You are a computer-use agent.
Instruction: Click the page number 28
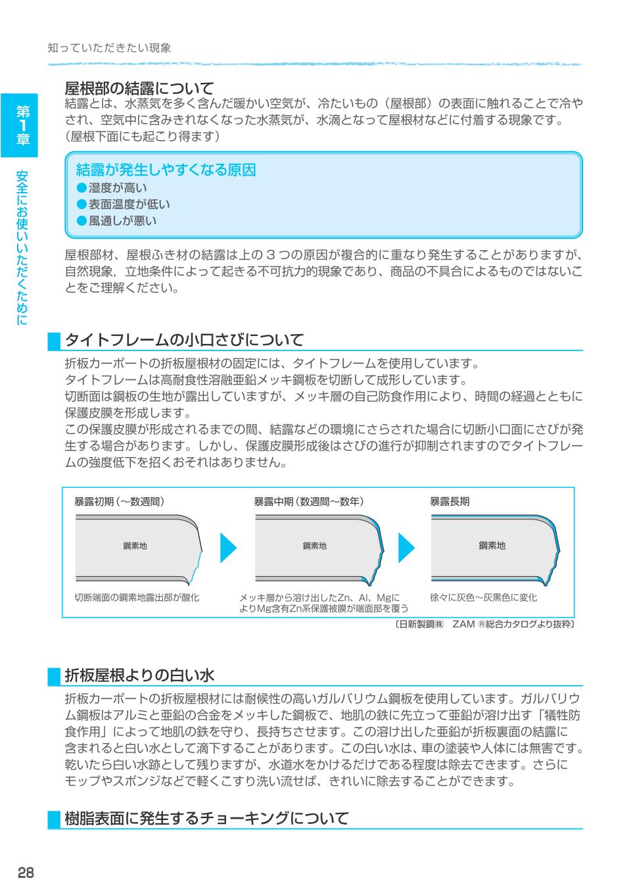pos(26,873)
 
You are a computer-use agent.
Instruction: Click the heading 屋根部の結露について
pos(139,88)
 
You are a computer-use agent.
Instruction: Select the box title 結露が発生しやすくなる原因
pos(166,170)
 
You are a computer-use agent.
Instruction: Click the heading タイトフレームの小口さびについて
pos(184,340)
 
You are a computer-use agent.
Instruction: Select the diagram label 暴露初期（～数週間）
pos(119,502)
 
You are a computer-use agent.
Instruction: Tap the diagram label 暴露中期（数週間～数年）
pos(309,502)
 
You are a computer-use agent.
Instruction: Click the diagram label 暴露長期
pos(450,502)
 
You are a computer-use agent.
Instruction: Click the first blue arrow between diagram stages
pos(227,546)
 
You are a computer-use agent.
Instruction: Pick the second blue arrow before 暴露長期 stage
pos(407,546)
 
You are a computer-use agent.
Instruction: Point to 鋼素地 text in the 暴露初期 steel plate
pos(135,546)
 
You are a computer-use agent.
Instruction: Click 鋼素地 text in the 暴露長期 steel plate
pos(492,545)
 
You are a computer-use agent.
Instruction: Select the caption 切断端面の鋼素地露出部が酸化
pos(137,598)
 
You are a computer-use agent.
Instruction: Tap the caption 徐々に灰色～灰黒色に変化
pos(483,598)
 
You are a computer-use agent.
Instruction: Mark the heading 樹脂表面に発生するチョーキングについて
pos(206,819)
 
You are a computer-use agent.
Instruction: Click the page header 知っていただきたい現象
pos(110,48)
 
